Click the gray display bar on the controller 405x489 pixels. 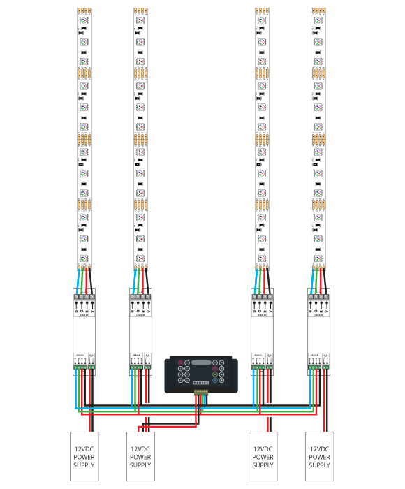[x=201, y=363]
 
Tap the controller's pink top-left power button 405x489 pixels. [x=180, y=363]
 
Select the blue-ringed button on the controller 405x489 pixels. [x=215, y=380]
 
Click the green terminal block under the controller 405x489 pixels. [x=201, y=392]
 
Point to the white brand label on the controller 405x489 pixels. [x=201, y=383]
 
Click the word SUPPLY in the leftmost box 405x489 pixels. [x=83, y=465]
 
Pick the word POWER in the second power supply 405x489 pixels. [x=140, y=458]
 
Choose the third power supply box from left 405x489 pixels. [x=263, y=457]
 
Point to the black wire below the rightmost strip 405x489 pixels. [x=325, y=279]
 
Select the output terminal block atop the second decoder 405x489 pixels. [x=140, y=296]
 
